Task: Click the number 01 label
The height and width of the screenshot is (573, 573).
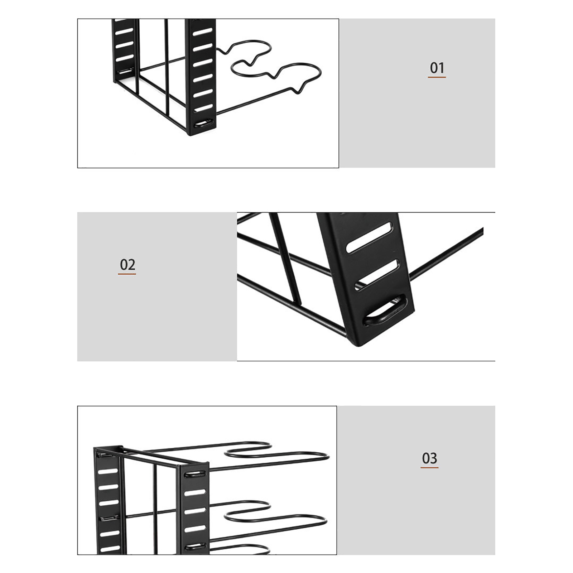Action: pyautogui.click(x=437, y=68)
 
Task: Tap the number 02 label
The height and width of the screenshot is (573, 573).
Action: pyautogui.click(x=127, y=265)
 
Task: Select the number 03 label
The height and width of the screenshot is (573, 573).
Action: pyautogui.click(x=429, y=458)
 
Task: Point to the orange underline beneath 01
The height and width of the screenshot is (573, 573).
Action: pyautogui.click(x=437, y=77)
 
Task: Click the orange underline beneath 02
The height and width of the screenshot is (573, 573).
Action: pyautogui.click(x=127, y=274)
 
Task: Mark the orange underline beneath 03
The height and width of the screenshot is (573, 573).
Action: pyautogui.click(x=429, y=467)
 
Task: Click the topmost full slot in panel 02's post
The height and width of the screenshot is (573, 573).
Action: pyautogui.click(x=369, y=237)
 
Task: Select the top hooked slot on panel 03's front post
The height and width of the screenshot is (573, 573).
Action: pyautogui.click(x=195, y=475)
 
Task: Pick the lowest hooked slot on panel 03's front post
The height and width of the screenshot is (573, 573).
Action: pyautogui.click(x=195, y=547)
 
